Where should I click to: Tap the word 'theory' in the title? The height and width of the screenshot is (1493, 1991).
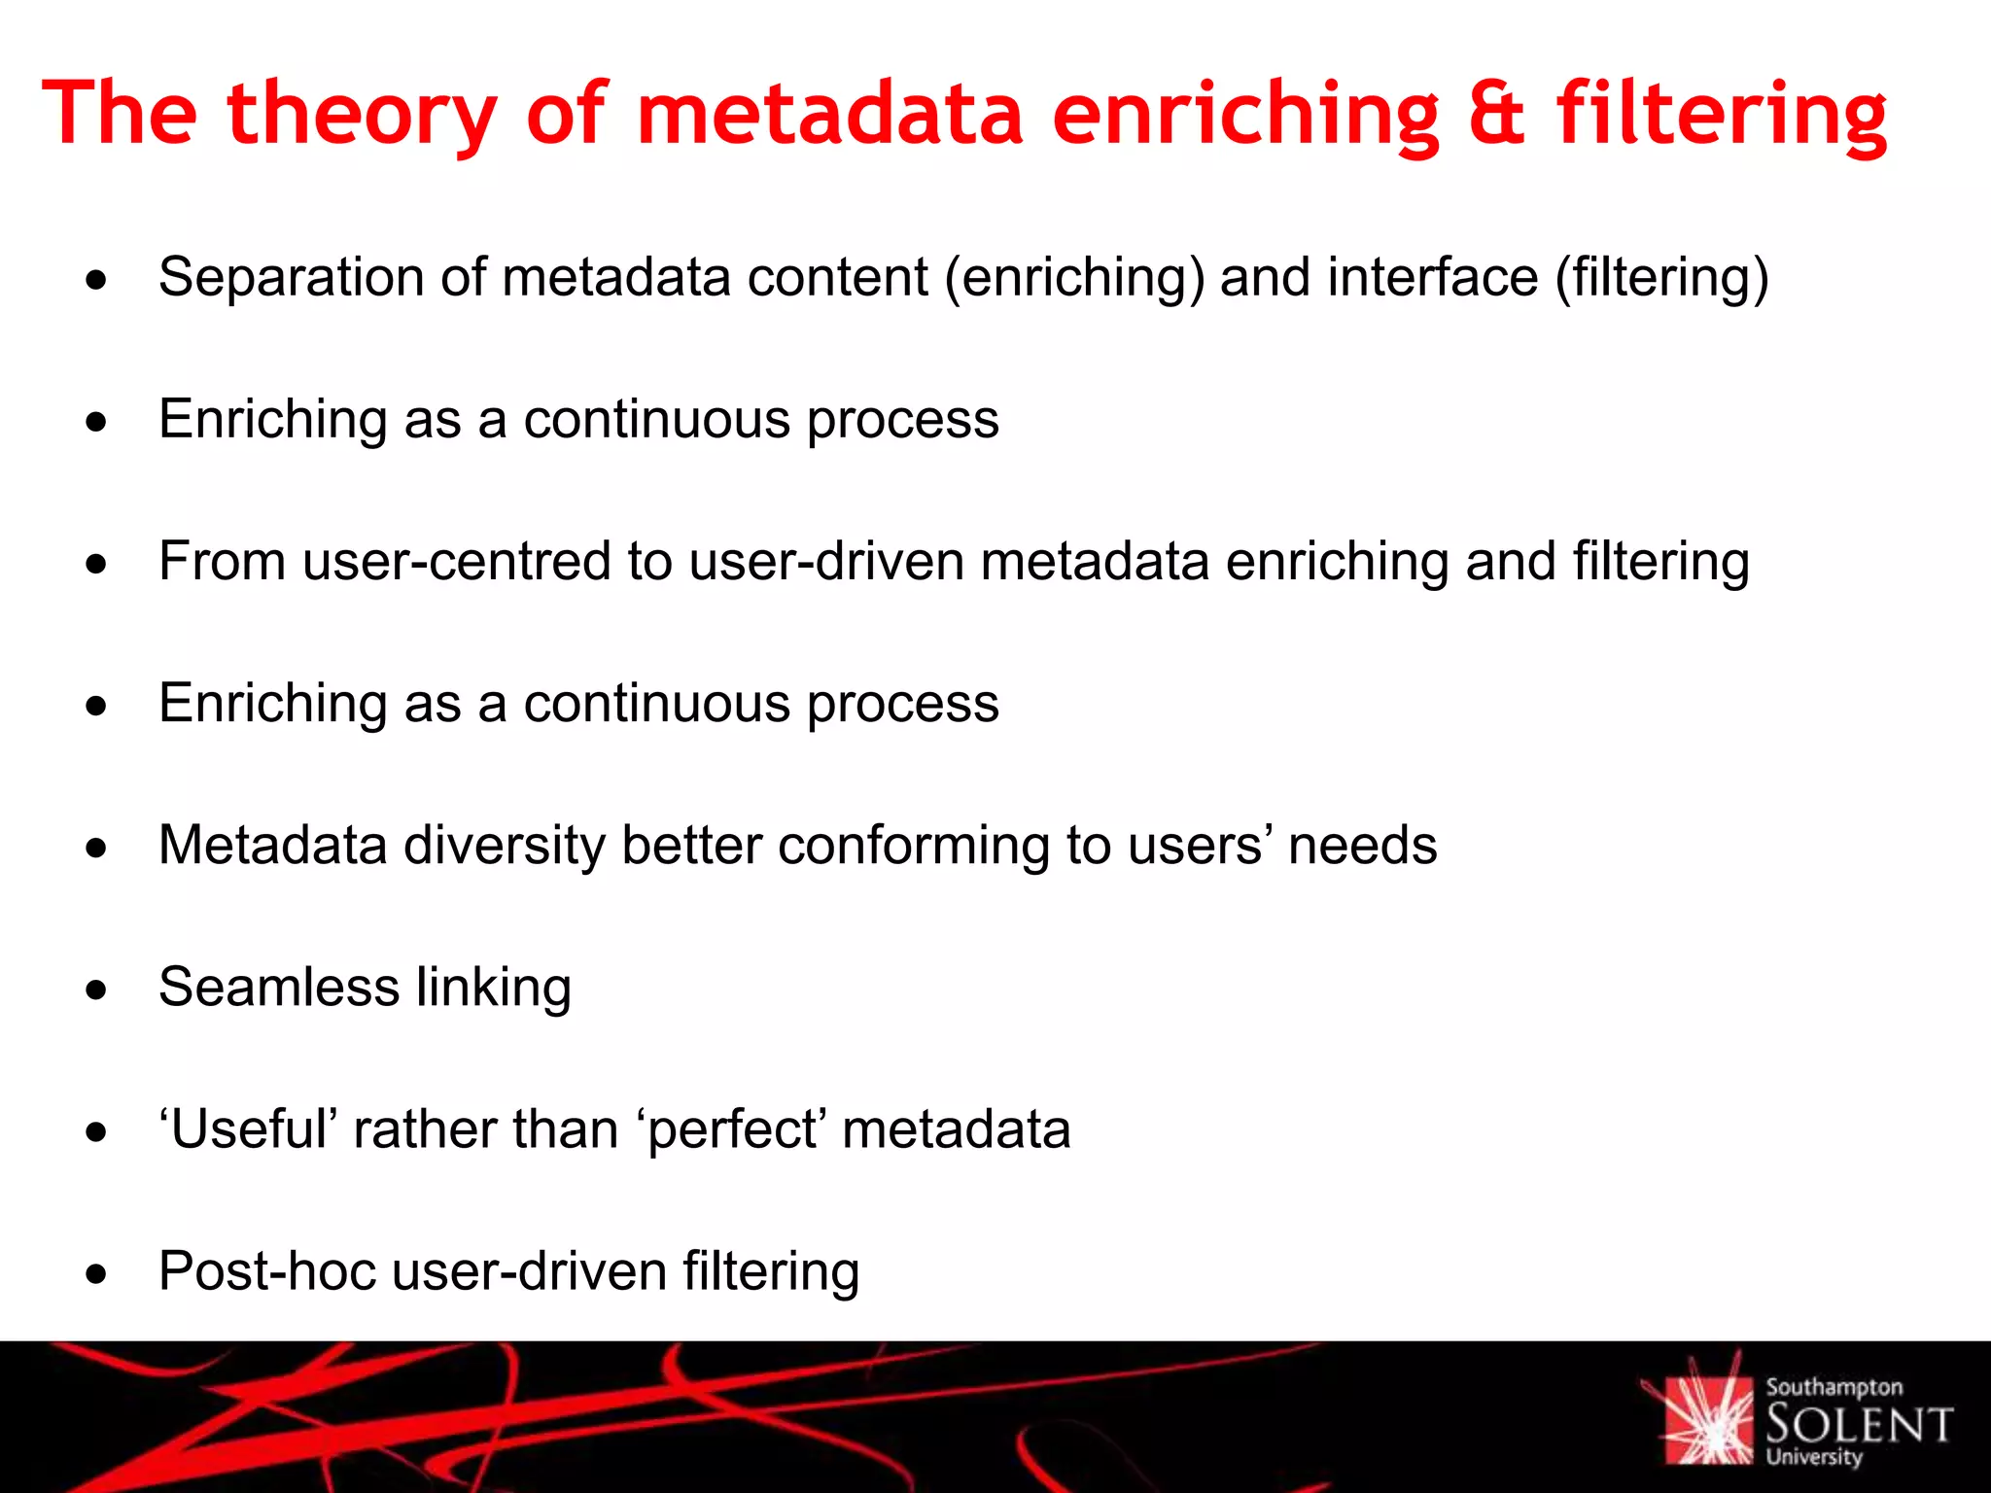[x=362, y=115]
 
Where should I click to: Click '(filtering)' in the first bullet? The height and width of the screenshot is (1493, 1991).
[x=1661, y=278]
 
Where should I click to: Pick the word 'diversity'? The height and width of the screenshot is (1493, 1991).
[x=505, y=846]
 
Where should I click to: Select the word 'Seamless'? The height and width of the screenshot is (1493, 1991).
[x=279, y=988]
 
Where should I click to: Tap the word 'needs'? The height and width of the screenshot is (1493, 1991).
[x=1362, y=846]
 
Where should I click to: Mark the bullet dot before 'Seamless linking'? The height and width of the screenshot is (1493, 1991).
[x=95, y=990]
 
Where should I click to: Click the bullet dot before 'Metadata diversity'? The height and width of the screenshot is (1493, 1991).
[x=95, y=849]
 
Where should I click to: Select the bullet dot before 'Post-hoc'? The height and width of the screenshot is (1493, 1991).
[x=95, y=1274]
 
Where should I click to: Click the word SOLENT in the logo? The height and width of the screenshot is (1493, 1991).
[x=1859, y=1425]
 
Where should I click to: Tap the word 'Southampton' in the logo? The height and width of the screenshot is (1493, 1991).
[x=1834, y=1387]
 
